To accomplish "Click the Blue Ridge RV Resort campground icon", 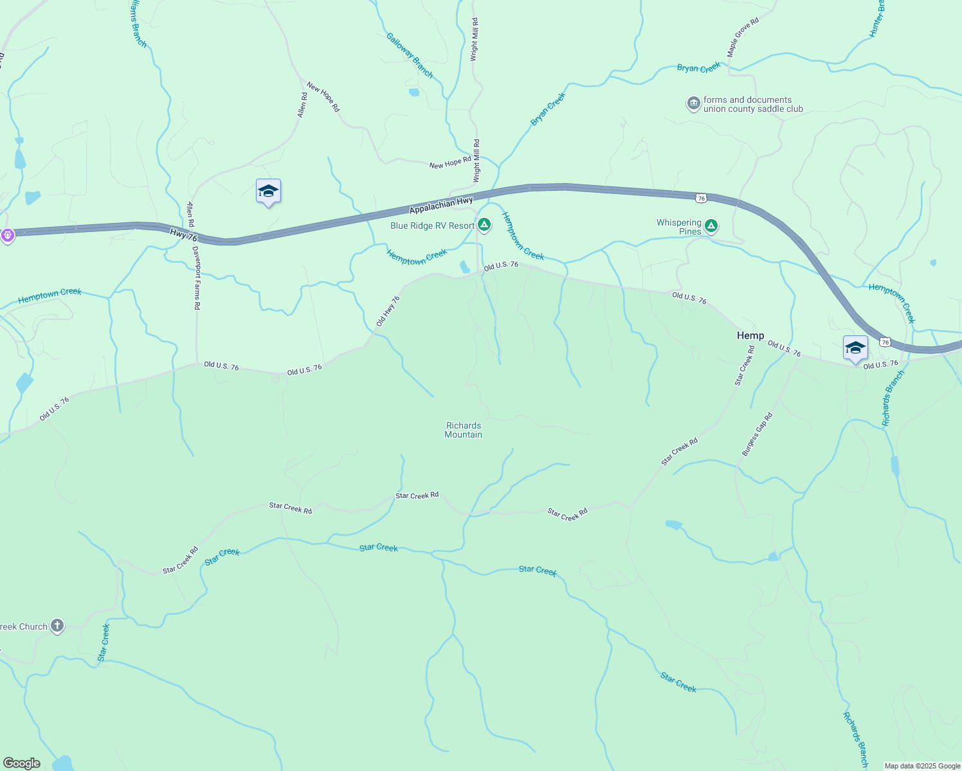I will point(484,225).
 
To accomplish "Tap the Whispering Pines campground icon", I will point(711,226).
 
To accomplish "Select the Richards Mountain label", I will point(463,430).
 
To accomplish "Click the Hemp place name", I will point(750,335).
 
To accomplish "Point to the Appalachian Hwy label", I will point(441,206).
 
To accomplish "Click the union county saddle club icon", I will point(693,103).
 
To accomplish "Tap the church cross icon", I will point(57,626).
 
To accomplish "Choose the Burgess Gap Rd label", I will point(757,435).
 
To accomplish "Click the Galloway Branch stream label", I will point(410,55).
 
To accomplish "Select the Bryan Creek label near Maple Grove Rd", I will point(699,67).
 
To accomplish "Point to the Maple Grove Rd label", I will point(743,37).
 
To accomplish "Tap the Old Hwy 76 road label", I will point(388,311).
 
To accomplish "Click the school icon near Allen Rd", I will point(268,191).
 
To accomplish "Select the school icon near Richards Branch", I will point(855,348).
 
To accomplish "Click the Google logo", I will point(22,763).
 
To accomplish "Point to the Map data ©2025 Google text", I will point(922,766).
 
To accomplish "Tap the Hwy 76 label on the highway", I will point(184,235).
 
